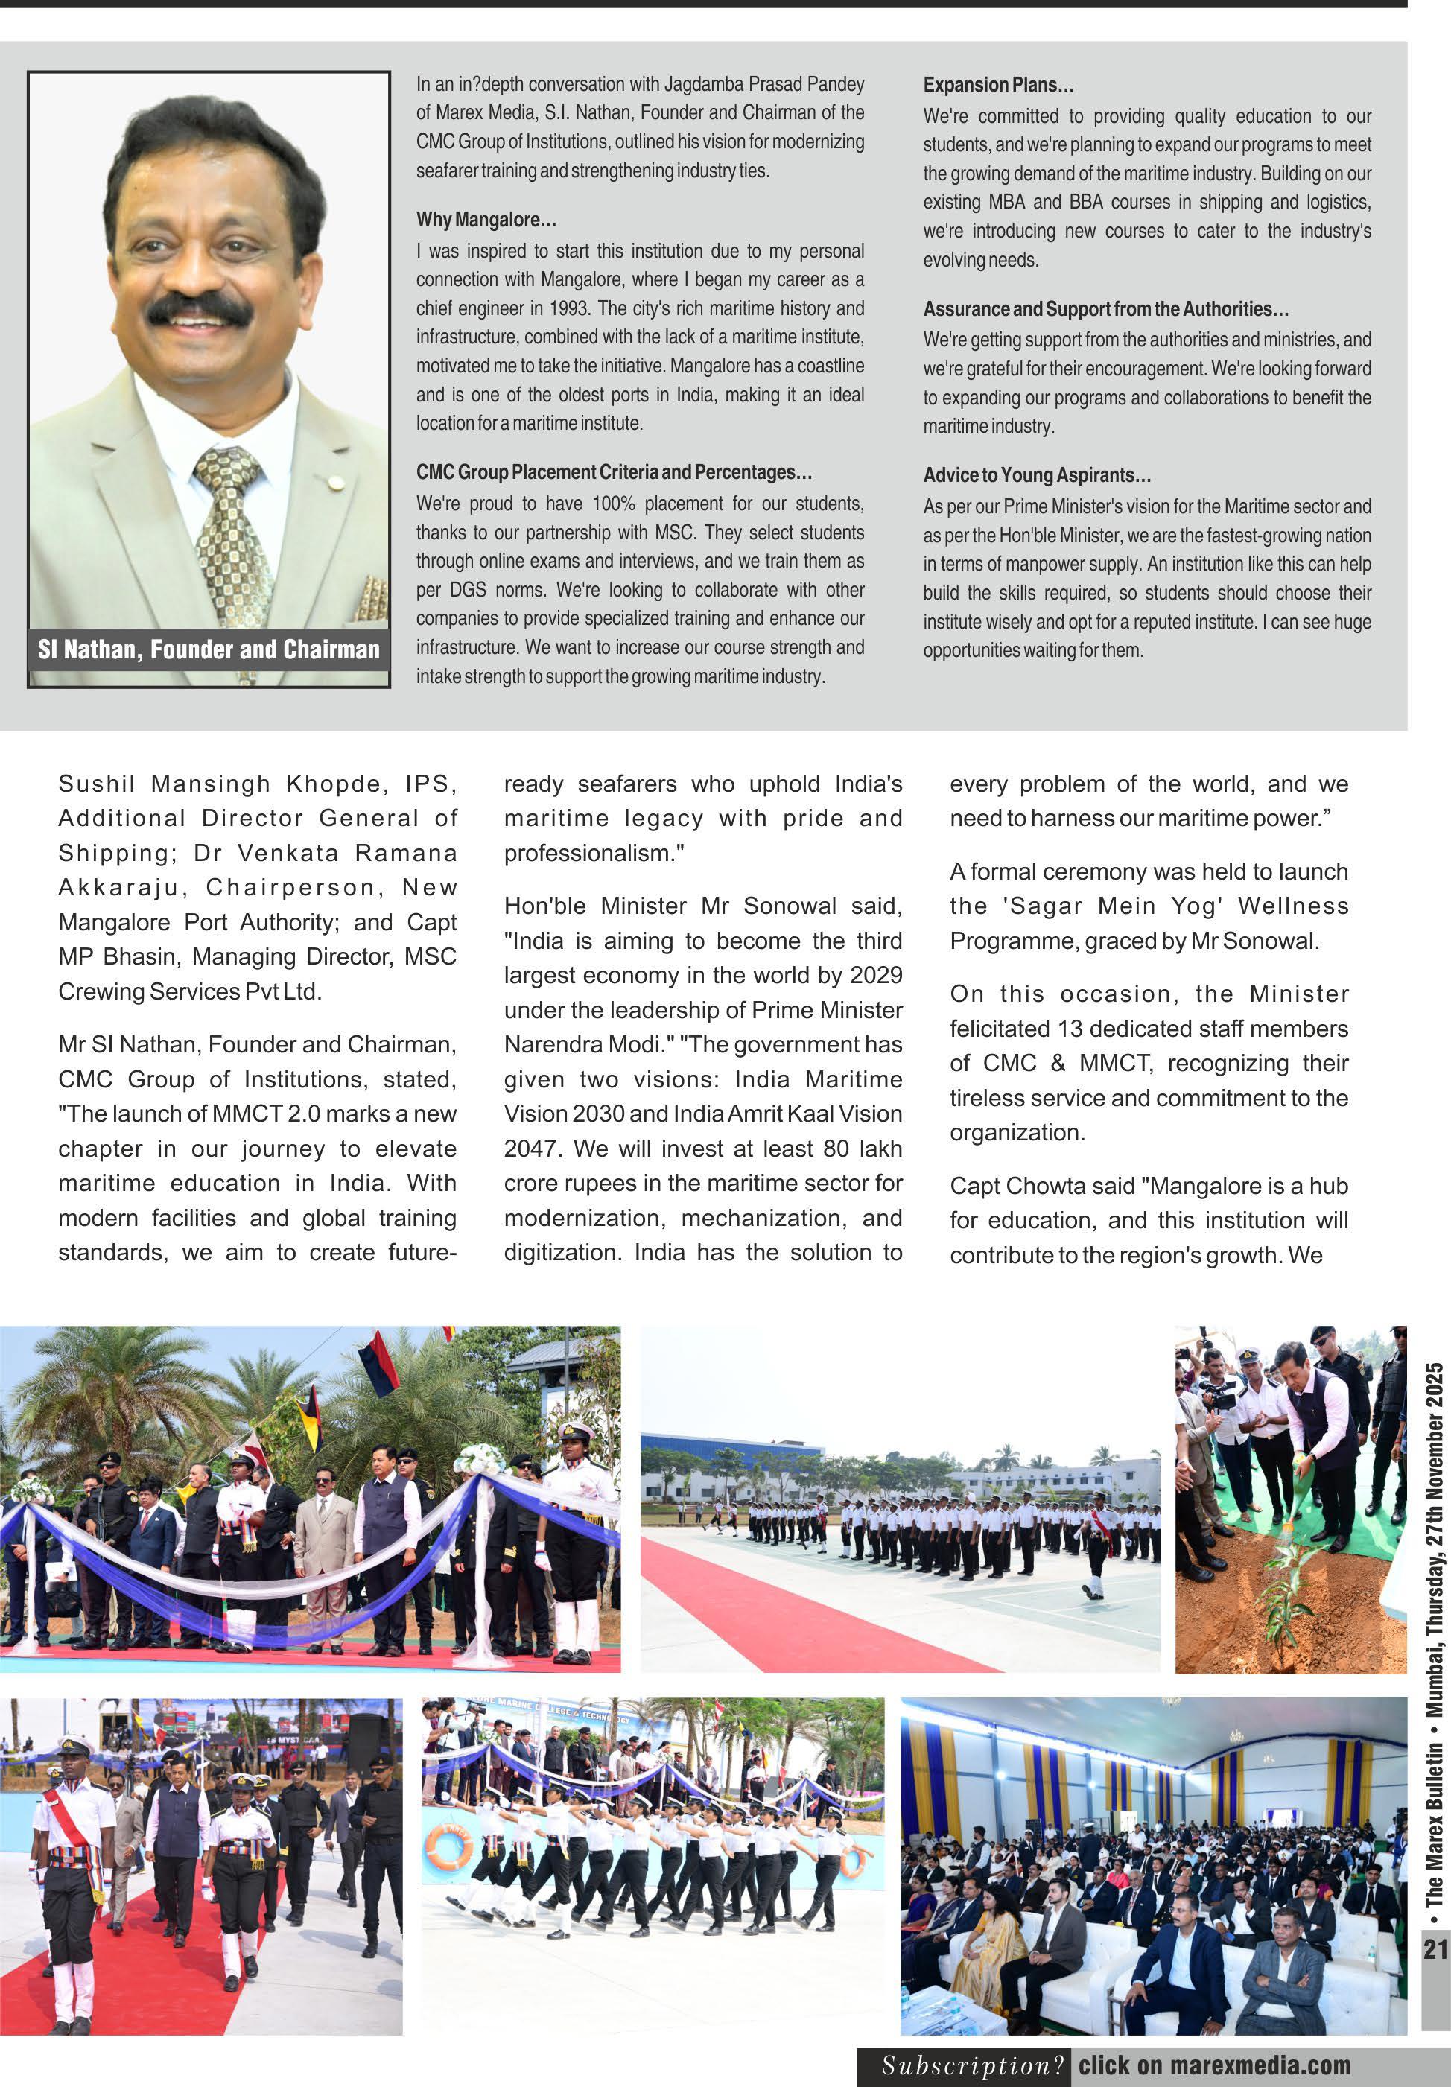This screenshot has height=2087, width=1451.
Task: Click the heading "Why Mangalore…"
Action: [x=486, y=219]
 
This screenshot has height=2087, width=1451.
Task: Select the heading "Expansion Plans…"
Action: [x=997, y=84]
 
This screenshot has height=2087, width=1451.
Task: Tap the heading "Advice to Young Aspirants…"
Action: [x=1036, y=474]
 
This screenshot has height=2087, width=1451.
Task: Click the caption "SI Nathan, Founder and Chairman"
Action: [x=209, y=649]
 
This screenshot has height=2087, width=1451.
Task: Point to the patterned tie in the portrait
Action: [x=232, y=527]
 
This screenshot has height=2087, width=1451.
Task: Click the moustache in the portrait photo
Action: [x=199, y=309]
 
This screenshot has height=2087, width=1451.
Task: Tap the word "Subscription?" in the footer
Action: [x=972, y=2065]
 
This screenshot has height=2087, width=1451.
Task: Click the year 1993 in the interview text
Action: [x=569, y=308]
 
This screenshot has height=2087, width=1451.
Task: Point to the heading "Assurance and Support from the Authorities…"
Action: [x=1105, y=309]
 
